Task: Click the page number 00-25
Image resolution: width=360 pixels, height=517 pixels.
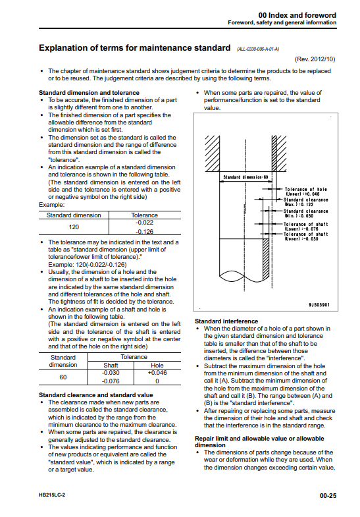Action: (x=328, y=495)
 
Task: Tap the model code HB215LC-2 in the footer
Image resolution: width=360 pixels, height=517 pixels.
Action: (x=52, y=495)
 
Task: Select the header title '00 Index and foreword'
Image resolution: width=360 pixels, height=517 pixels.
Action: (x=297, y=15)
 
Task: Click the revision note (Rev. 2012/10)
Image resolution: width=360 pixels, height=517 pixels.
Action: (x=315, y=59)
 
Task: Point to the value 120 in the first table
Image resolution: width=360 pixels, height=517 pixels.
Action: (x=74, y=227)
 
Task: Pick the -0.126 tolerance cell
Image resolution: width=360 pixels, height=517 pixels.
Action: (x=145, y=231)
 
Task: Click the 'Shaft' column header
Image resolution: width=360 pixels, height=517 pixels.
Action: (x=111, y=366)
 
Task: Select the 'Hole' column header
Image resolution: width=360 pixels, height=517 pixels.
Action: (x=157, y=366)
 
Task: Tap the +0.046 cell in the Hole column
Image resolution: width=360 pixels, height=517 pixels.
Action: (x=157, y=373)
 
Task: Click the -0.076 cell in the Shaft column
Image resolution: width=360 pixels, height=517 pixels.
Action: (x=111, y=381)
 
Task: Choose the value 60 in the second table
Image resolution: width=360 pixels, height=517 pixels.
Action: (x=63, y=377)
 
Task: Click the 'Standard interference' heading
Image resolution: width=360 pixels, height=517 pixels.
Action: (x=226, y=321)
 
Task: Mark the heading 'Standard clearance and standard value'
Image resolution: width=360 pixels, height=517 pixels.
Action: (x=96, y=395)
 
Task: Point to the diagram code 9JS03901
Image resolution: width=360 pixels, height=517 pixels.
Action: (x=319, y=305)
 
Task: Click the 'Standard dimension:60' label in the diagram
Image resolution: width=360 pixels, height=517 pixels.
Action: (x=245, y=177)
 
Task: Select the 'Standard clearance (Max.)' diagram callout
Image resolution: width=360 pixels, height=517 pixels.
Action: (x=305, y=202)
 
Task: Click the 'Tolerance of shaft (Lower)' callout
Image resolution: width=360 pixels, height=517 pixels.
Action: (x=306, y=227)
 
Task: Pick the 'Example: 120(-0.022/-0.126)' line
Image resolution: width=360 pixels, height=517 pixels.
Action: (x=88, y=265)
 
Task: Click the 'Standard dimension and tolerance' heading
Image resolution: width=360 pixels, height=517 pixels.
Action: (x=89, y=93)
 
